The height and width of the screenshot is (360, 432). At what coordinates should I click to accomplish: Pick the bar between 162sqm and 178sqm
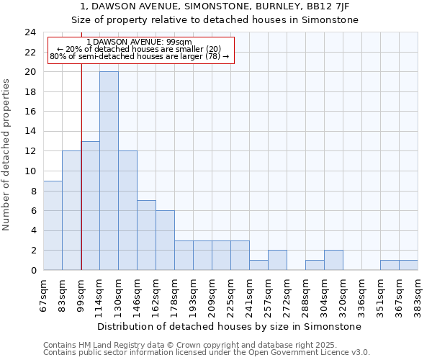(165, 240)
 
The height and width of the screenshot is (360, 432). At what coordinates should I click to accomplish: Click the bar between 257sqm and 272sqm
(277, 260)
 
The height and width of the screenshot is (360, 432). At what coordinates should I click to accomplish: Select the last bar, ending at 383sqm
(408, 265)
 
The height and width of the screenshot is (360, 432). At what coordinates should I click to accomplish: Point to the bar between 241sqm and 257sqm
(258, 265)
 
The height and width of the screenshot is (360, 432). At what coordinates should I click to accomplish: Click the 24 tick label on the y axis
(30, 32)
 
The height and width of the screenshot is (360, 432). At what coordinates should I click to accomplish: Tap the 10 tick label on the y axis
(30, 171)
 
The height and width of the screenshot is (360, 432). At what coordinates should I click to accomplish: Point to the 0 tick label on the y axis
(33, 270)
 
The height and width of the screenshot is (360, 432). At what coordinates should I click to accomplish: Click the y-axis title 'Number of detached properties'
(7, 155)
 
